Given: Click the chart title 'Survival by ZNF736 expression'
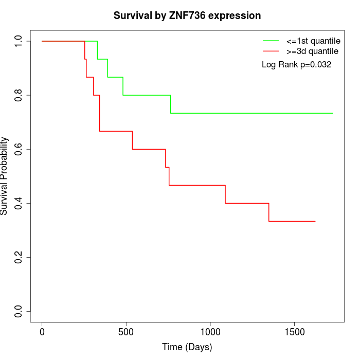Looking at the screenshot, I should pos(187,16).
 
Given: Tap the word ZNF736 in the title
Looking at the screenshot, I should pos(189,16).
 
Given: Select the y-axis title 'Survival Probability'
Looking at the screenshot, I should pos(5,176).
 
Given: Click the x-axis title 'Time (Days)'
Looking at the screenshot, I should pos(187,348).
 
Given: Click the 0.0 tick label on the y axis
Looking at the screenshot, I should pos(19,311).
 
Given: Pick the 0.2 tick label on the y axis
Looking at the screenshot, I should pos(19,257).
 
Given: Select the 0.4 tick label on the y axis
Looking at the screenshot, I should pos(19,203).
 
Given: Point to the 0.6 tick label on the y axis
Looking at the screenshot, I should pos(19,149).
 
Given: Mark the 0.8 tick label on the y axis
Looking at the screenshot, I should pos(19,95).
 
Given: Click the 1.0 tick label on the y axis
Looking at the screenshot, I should pos(19,41).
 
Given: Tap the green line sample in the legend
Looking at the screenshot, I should pos(271,41).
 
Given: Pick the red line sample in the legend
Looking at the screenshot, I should pos(271,51).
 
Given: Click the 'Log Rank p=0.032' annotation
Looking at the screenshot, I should pos(296,65).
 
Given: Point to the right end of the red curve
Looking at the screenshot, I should pos(315,221).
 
